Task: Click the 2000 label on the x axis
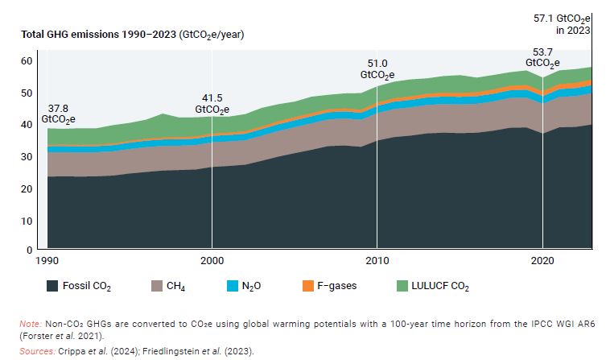(x=212, y=262)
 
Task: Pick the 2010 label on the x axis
(x=377, y=262)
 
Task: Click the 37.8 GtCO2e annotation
(x=58, y=114)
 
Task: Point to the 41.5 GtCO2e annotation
(x=212, y=103)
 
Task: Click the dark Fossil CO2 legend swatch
(x=54, y=285)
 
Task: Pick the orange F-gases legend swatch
(x=309, y=285)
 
